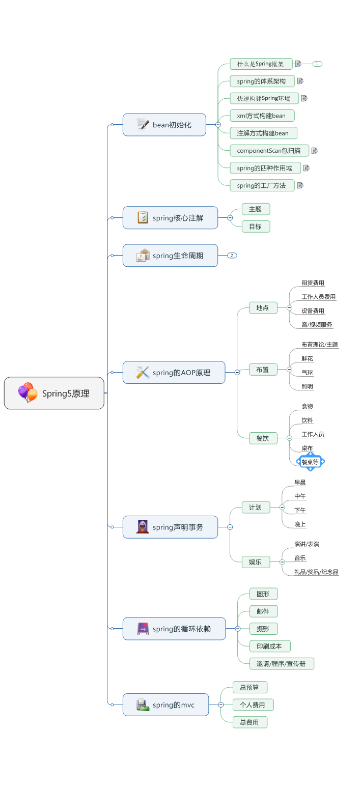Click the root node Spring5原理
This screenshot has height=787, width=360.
[x=54, y=393]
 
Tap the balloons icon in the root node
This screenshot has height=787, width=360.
[x=27, y=393]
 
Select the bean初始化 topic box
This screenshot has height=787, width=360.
[x=164, y=125]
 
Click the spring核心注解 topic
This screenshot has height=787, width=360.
[x=170, y=218]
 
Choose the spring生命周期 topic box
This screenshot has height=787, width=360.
[x=170, y=256]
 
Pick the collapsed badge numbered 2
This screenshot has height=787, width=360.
[x=232, y=256]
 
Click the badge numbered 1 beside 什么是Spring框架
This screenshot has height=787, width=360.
[x=317, y=64]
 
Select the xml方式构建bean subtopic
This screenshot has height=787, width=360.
[x=262, y=116]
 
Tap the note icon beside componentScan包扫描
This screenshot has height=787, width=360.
[x=315, y=151]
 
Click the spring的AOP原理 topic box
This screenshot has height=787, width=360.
[x=174, y=373]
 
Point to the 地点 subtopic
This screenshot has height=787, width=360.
[x=263, y=307]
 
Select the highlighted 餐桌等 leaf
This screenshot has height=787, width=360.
[x=310, y=462]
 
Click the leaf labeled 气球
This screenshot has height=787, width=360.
[x=307, y=373]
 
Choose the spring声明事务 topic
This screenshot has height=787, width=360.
[x=170, y=527]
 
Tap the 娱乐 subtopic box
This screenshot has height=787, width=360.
[x=256, y=562]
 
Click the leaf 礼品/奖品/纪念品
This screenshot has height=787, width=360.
[x=316, y=572]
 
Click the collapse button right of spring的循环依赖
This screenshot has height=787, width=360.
[x=237, y=629]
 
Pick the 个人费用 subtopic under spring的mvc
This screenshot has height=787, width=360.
[x=253, y=705]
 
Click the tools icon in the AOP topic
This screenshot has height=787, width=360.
[x=143, y=373]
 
